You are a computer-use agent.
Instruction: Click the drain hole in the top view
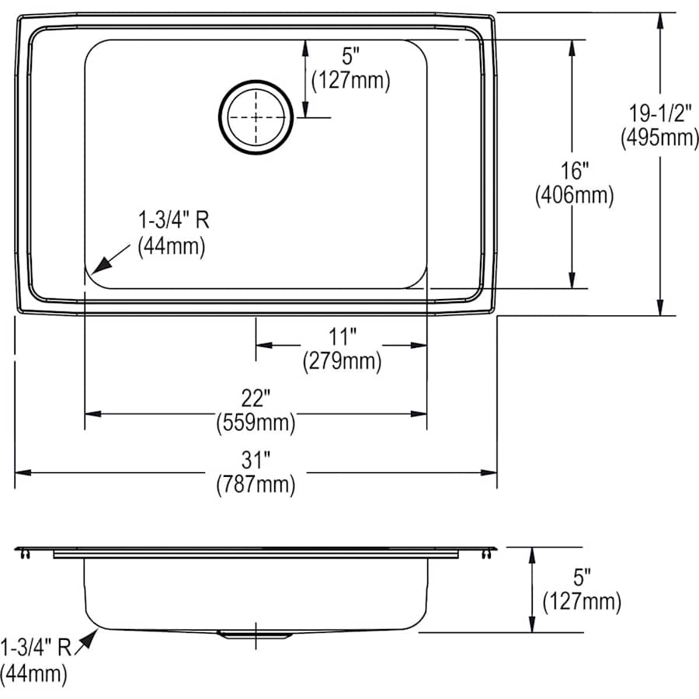(x=256, y=117)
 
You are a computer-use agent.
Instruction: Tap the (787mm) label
(x=256, y=485)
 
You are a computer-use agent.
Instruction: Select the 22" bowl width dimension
(x=256, y=398)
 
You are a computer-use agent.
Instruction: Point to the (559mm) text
(x=256, y=423)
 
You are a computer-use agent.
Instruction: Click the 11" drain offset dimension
(x=342, y=336)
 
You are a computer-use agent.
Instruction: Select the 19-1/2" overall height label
(x=659, y=113)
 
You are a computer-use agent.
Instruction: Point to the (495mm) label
(x=659, y=138)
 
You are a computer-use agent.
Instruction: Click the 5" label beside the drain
(x=349, y=56)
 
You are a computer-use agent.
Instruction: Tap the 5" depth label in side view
(x=582, y=576)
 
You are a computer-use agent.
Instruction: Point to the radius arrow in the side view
(x=88, y=638)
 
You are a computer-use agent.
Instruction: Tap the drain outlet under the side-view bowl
(x=256, y=635)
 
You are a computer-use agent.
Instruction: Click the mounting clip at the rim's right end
(x=487, y=553)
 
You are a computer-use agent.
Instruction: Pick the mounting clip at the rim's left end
(x=26, y=553)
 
